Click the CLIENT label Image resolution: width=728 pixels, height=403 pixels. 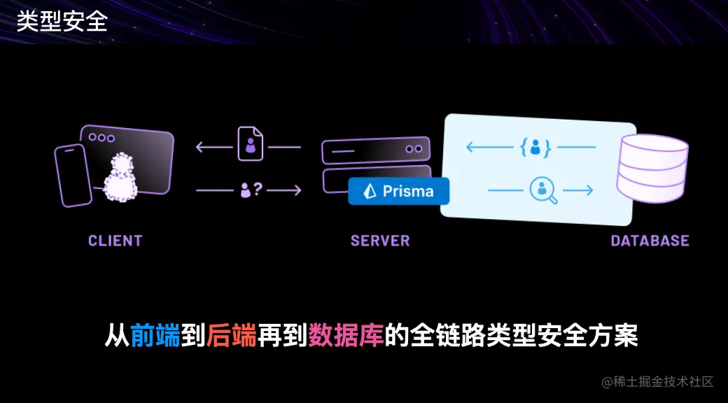coord(115,241)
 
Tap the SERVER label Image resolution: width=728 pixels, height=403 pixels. coord(380,241)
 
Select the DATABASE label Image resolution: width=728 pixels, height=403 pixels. coord(650,241)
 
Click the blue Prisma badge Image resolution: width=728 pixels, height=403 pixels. coord(399,191)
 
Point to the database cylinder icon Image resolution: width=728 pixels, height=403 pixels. coord(652,169)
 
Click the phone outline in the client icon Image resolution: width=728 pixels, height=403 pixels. coord(73,176)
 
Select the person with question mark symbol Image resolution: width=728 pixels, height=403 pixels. coord(251,189)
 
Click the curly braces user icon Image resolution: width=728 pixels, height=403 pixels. coord(535,147)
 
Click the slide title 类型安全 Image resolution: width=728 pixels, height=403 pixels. coord(62,21)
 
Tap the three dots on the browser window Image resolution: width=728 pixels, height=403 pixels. coord(101,138)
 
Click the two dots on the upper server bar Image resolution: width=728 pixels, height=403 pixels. coord(414,149)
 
